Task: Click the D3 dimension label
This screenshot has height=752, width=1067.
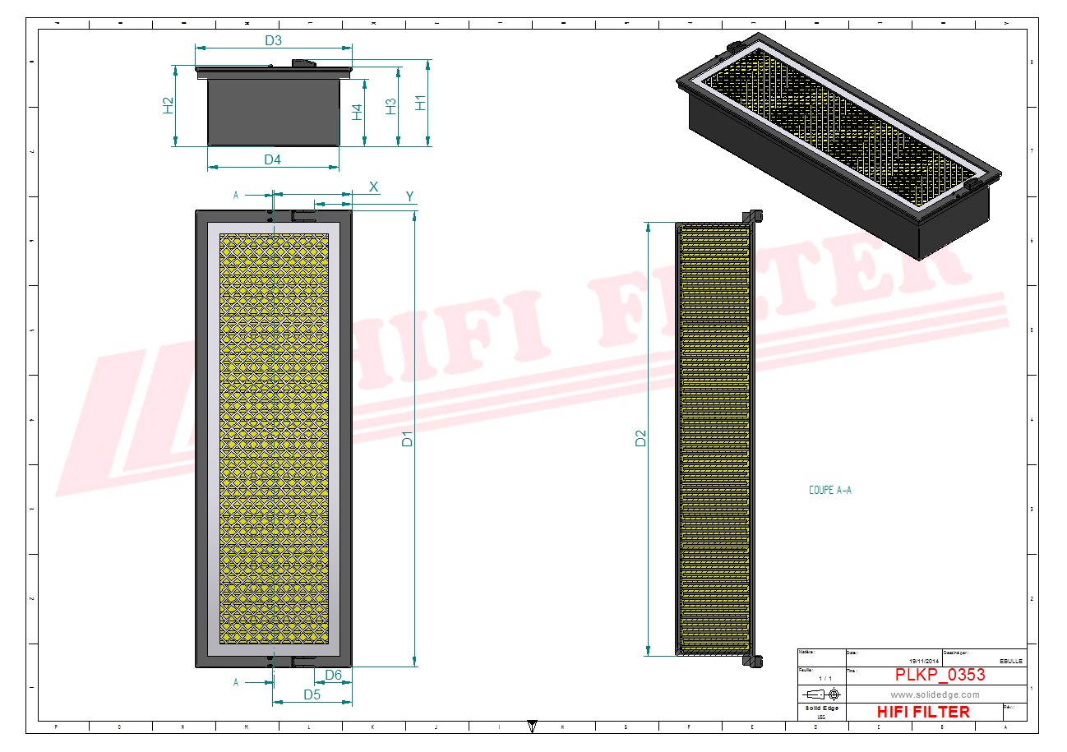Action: pos(273,40)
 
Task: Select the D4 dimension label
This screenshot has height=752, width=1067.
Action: pos(272,159)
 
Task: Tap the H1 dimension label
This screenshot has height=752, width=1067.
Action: pos(420,103)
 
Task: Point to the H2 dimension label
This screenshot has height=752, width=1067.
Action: pos(168,105)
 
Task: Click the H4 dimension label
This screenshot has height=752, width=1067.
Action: pos(357,113)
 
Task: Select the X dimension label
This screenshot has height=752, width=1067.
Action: pos(374,187)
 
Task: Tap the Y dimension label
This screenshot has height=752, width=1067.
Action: pos(409,196)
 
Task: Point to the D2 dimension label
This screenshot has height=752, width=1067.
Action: pos(641,439)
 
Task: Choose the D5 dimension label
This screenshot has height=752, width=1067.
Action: pos(312,694)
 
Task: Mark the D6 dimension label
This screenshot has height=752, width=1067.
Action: pos(333,675)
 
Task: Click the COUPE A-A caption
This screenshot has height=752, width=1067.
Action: pos(830,491)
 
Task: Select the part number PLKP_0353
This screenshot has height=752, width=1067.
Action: pos(940,675)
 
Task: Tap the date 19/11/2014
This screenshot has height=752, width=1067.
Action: pos(925,661)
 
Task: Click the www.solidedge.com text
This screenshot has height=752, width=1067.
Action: pos(935,694)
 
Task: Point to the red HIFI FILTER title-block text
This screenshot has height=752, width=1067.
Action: pos(923,712)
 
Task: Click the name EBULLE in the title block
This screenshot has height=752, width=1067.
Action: pos(1011,661)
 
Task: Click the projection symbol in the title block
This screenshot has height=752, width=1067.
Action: pos(821,695)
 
